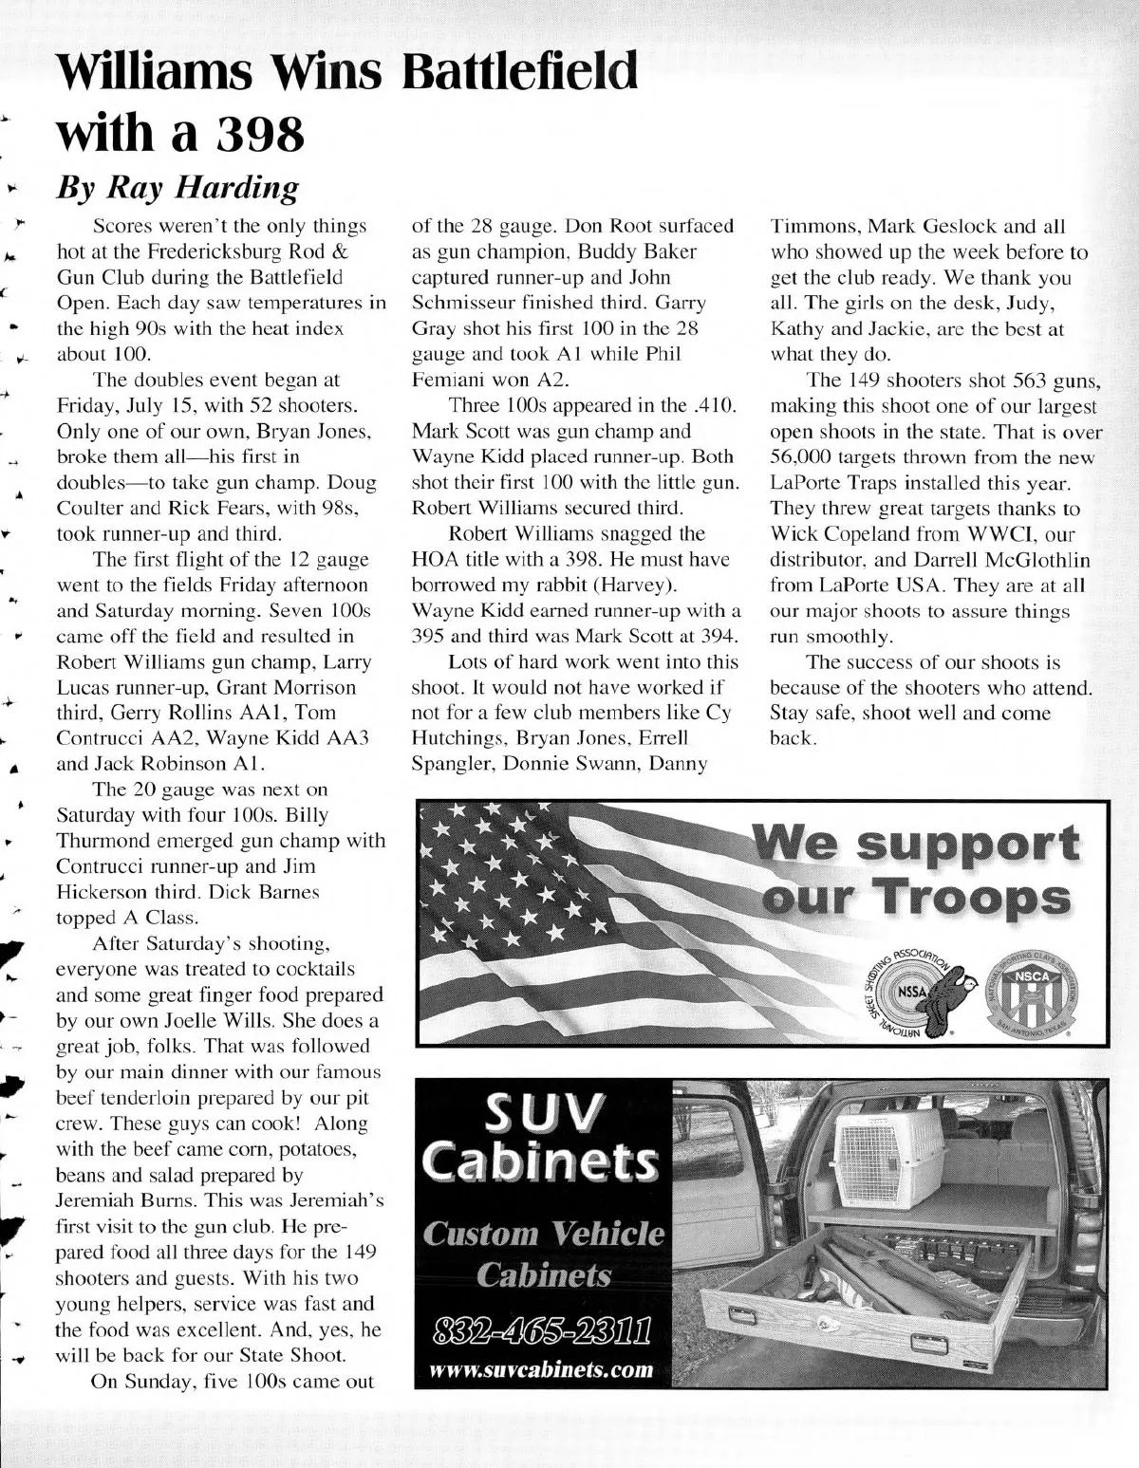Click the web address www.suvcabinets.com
[x=542, y=1369]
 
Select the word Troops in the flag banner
[x=976, y=898]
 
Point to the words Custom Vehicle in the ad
[x=544, y=1235]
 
